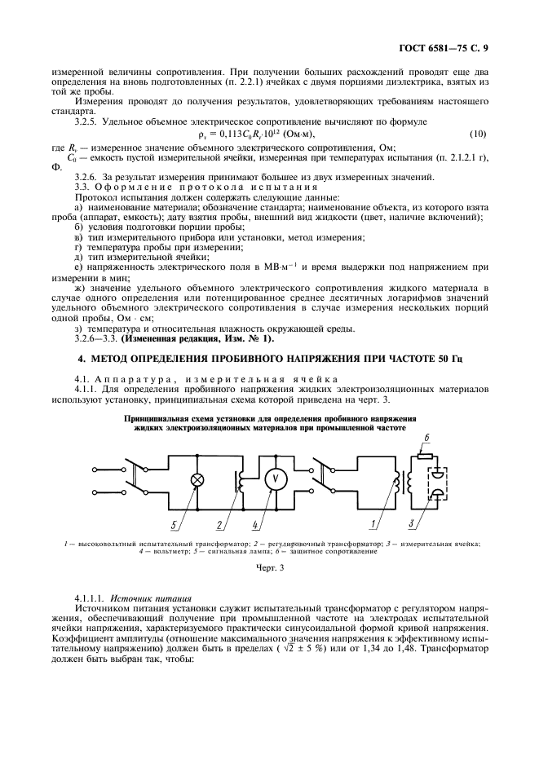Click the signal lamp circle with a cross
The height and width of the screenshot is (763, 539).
pyautogui.click(x=197, y=479)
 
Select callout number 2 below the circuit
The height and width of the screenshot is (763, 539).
pyautogui.click(x=219, y=523)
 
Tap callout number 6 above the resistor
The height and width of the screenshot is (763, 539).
pyautogui.click(x=426, y=438)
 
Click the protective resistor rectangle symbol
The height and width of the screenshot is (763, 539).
pyautogui.click(x=423, y=455)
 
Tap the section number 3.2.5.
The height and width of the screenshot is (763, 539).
pyautogui.click(x=88, y=120)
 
